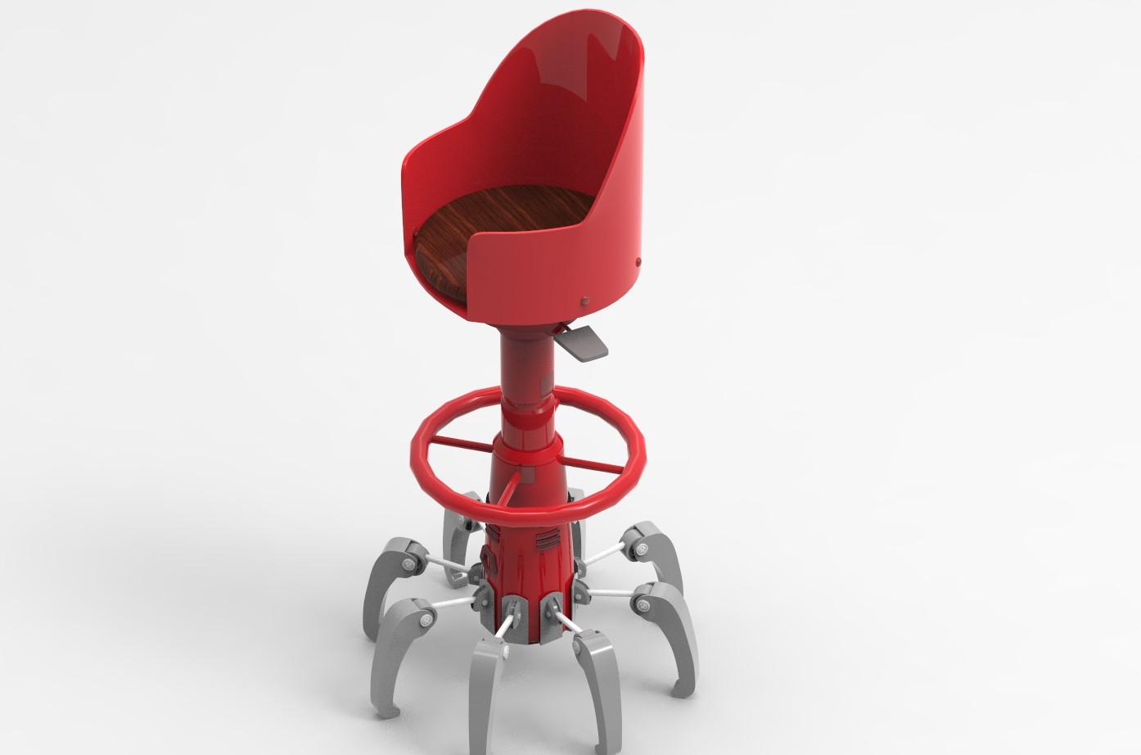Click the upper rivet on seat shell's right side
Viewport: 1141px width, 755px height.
638,261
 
